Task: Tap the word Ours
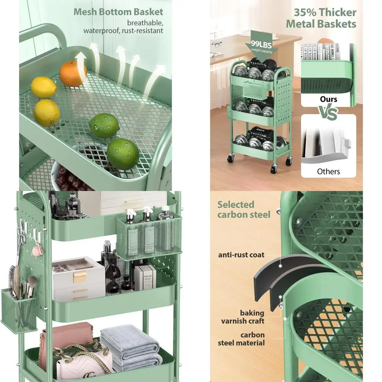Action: point(329,99)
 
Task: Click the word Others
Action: point(328,172)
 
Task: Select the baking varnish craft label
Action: point(243,317)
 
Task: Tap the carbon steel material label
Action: point(241,339)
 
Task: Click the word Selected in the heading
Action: point(236,205)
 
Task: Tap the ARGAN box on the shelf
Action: point(145,277)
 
